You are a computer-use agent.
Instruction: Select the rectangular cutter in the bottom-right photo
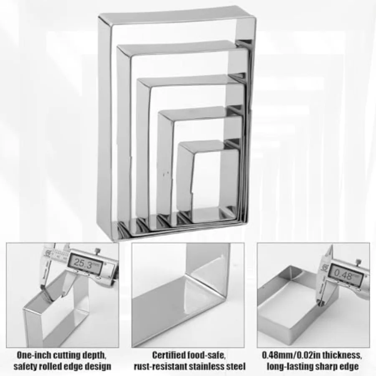pyautogui.click(x=292, y=309)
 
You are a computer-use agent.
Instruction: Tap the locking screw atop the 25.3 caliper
pyautogui.click(x=97, y=250)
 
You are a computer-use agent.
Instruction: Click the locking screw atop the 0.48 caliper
pyautogui.click(x=358, y=262)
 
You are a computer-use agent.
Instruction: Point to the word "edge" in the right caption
pyautogui.click(x=349, y=367)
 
